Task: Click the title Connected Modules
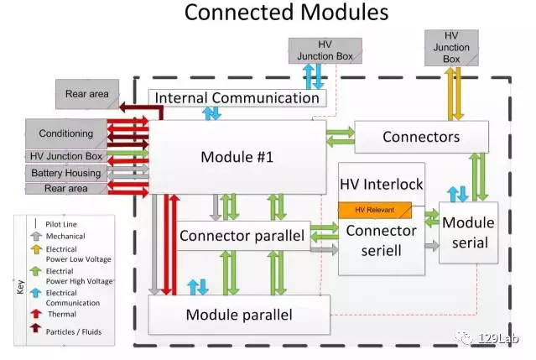coord(286,13)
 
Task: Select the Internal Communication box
coord(237,97)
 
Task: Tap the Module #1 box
coord(237,156)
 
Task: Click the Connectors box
coord(421,136)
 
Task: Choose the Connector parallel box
coord(242,236)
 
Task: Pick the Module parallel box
coord(239,315)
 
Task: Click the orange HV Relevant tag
coord(374,210)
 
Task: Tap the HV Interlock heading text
coord(381,183)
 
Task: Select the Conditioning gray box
coord(65,133)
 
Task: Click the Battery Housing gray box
coord(65,173)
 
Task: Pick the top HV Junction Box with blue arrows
coord(313,50)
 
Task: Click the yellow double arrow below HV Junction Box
coord(452,94)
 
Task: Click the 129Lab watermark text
coord(498,339)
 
